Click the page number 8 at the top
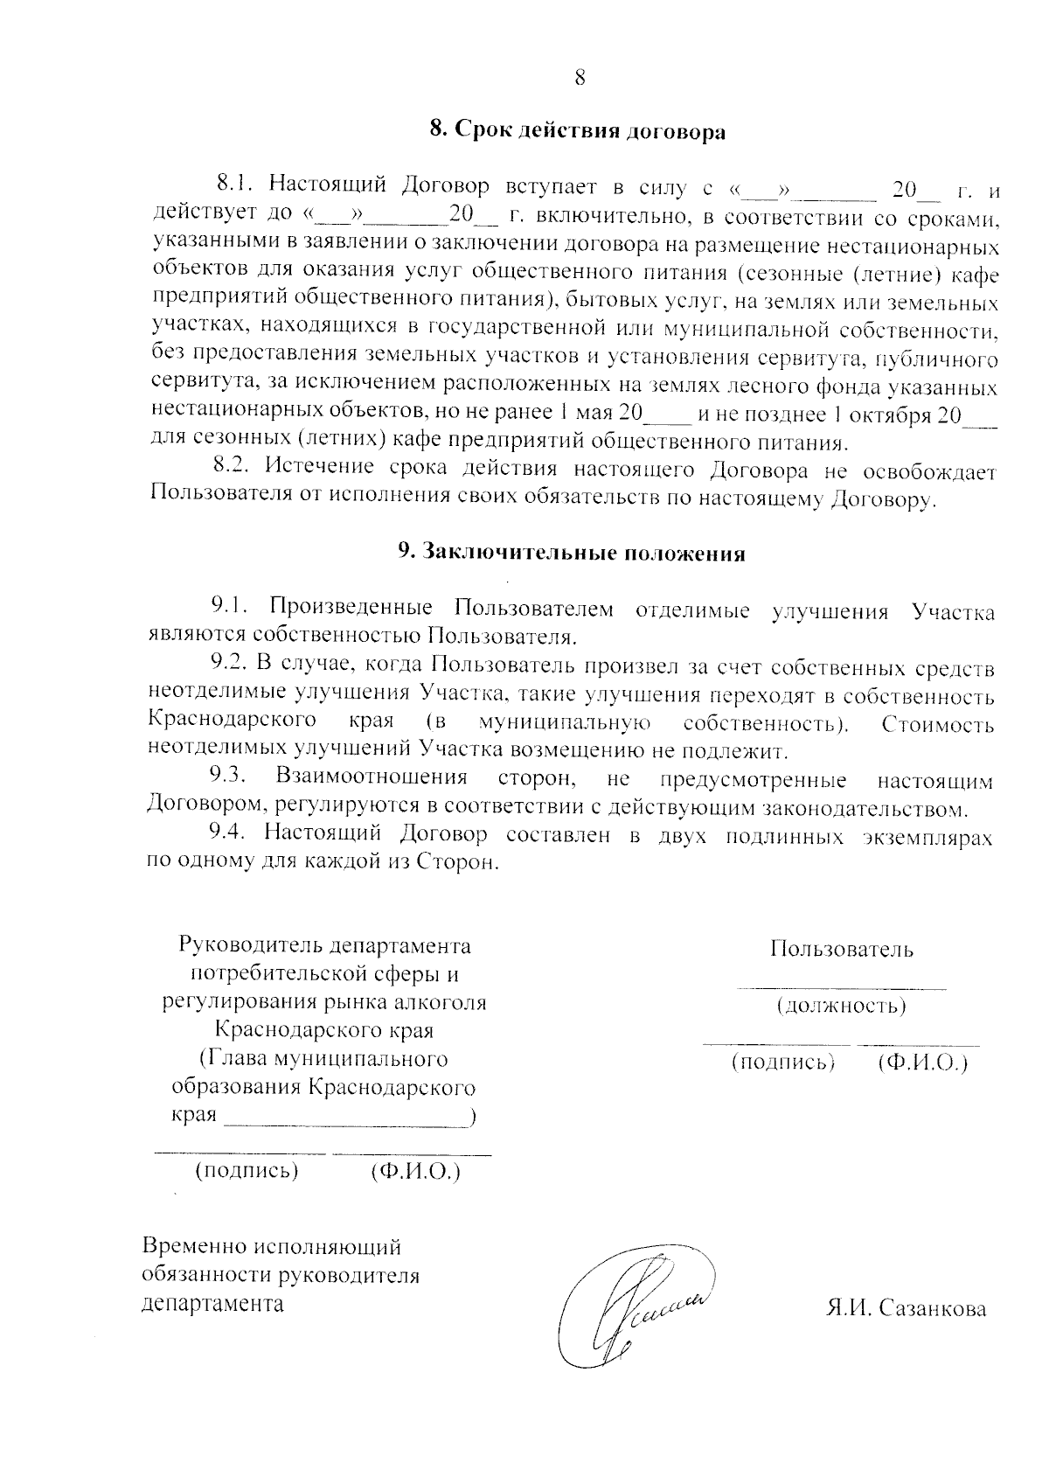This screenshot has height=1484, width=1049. [579, 78]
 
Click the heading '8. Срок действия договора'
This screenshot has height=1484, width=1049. [577, 132]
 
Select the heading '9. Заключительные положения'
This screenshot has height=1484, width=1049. [572, 554]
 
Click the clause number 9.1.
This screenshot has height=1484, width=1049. [231, 605]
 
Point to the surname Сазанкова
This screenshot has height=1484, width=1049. [933, 1309]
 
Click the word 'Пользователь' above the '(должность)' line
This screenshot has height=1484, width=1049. [842, 949]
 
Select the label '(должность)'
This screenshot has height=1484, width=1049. [841, 1006]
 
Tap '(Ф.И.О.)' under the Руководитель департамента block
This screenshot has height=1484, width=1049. [415, 1170]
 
